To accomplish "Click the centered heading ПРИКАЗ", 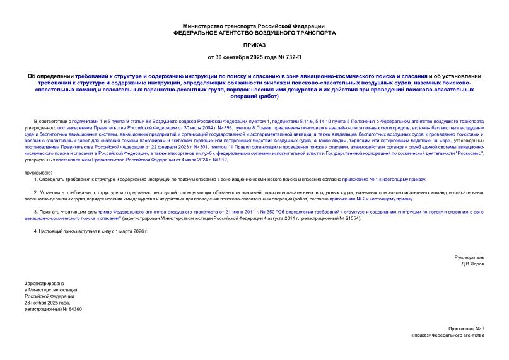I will [x=254, y=45].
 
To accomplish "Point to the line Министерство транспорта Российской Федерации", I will [x=254, y=25].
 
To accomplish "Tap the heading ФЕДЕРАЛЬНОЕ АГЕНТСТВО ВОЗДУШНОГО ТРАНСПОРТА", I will [x=254, y=32].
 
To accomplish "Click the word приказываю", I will [x=38, y=171].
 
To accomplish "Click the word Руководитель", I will [x=469, y=258].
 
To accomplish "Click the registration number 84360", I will [x=74, y=309].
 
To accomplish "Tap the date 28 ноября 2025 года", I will [x=50, y=303].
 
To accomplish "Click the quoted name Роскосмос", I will [x=465, y=153].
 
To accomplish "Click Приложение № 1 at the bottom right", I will [x=466, y=330].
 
